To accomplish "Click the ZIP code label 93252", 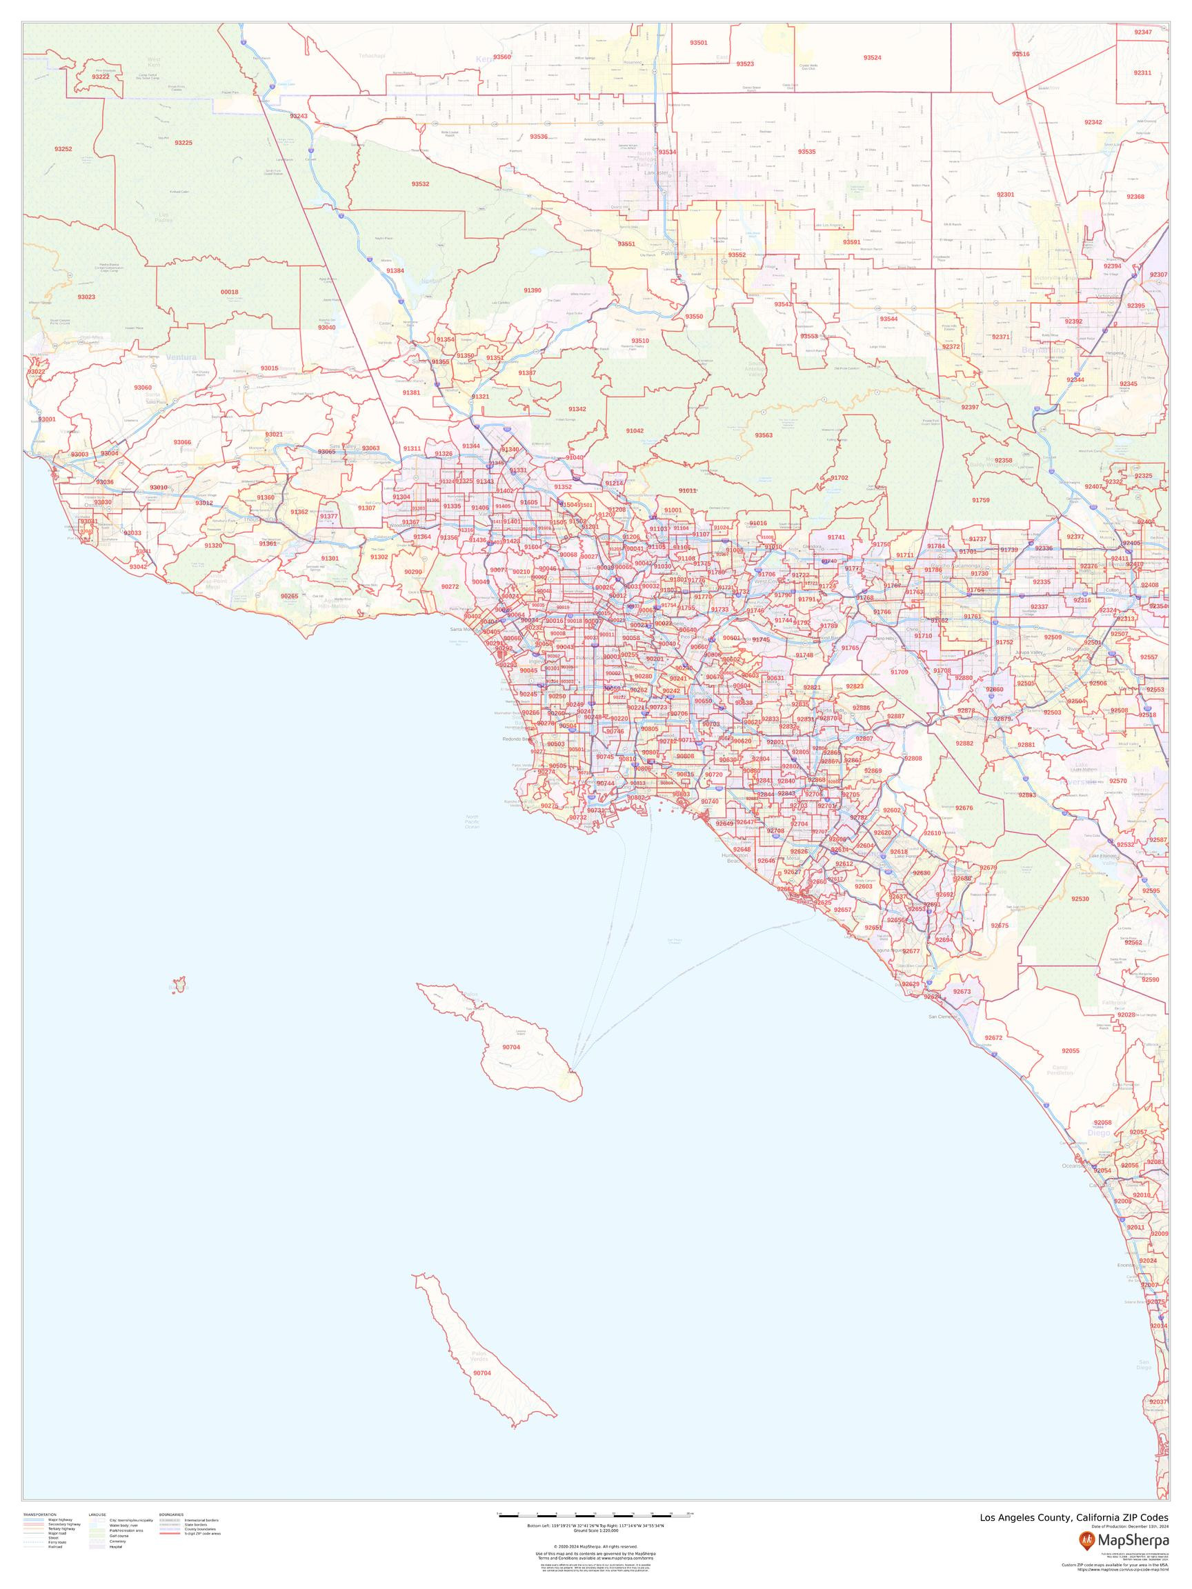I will tap(63, 149).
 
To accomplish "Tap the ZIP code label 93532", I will tap(420, 184).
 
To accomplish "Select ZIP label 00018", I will tap(229, 292).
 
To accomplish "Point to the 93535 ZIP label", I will tap(807, 152).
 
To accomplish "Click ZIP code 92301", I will tap(1005, 194).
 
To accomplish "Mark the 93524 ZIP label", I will tap(872, 57).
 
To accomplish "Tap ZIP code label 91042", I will tap(635, 430).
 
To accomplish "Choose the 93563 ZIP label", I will tap(764, 434).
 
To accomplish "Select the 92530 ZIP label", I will tap(1080, 899).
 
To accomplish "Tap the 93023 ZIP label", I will tap(86, 297).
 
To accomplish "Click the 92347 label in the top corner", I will tap(1142, 32).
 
